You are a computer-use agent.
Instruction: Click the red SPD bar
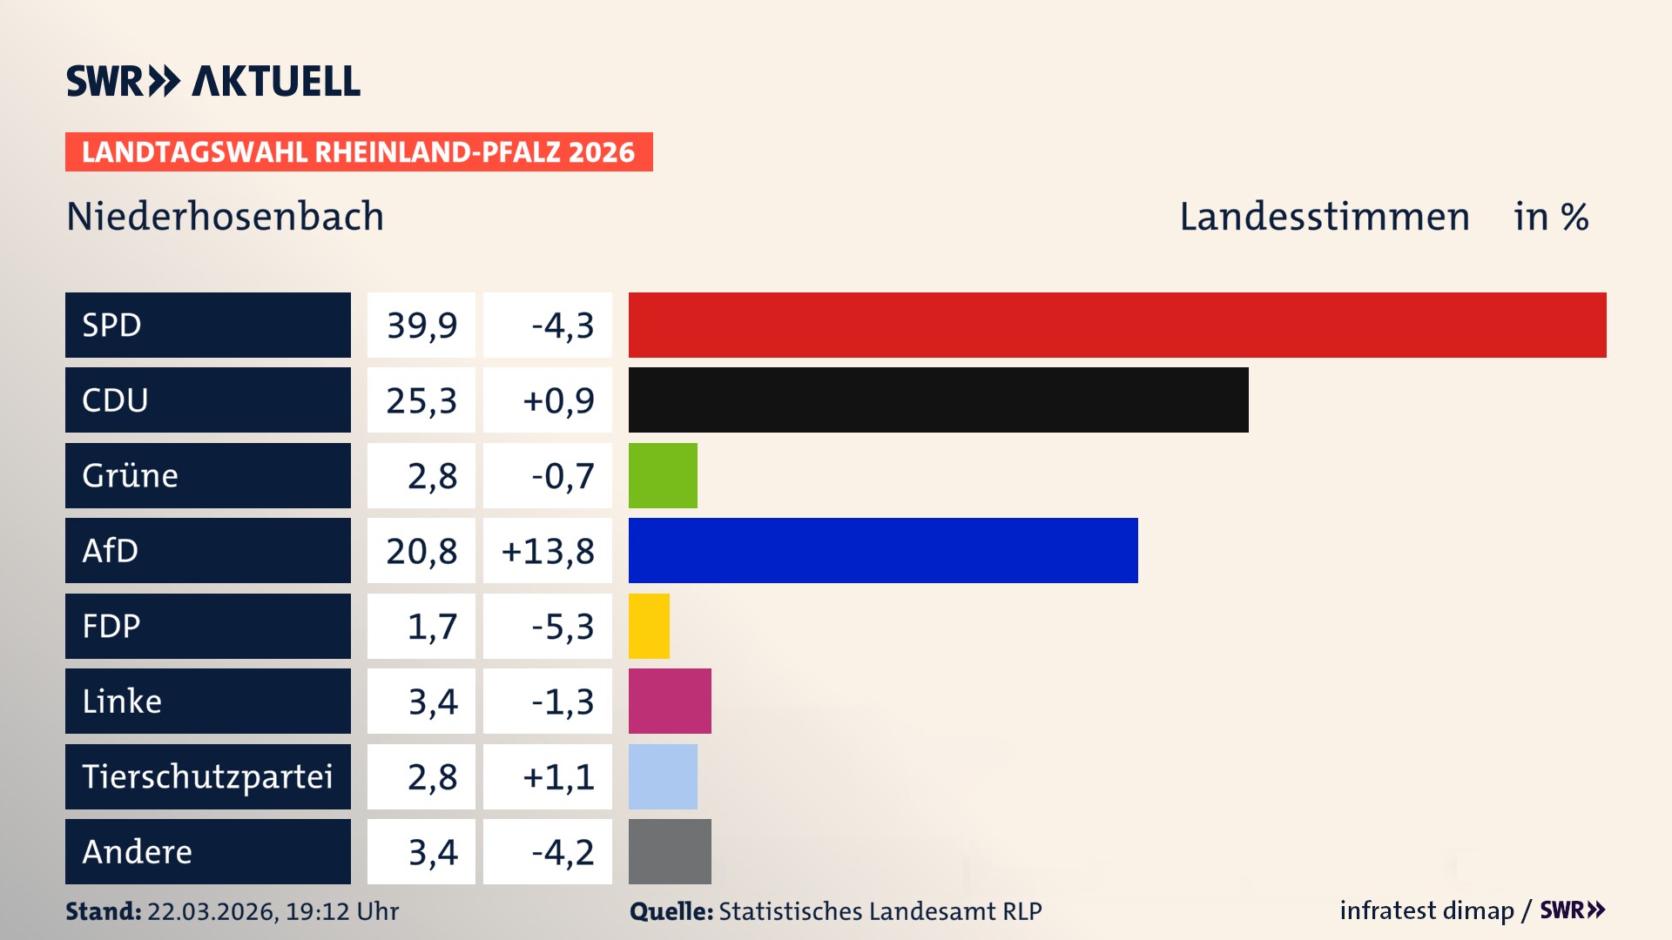click(1117, 325)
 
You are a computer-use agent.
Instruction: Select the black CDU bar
click(938, 399)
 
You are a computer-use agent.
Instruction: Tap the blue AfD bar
click(883, 550)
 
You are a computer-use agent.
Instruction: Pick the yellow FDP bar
click(649, 626)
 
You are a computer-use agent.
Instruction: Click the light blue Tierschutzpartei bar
click(663, 776)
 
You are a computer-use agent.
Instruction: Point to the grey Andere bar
click(670, 851)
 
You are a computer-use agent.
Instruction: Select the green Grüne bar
click(663, 475)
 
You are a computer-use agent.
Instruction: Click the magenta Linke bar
click(670, 701)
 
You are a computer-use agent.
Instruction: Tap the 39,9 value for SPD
click(421, 325)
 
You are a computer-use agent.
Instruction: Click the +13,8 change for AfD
click(548, 550)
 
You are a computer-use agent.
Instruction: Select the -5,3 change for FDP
click(562, 626)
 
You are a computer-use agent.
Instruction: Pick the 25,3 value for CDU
click(421, 400)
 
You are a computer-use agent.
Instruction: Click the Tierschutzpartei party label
click(207, 776)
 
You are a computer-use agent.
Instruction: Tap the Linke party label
click(122, 701)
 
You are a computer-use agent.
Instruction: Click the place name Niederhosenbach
click(225, 216)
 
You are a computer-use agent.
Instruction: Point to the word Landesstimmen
click(1324, 216)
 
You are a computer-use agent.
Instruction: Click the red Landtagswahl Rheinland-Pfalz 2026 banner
click(358, 151)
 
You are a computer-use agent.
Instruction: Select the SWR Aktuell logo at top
click(212, 81)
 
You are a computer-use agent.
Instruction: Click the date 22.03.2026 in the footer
click(212, 911)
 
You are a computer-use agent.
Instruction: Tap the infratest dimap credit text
click(1426, 910)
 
